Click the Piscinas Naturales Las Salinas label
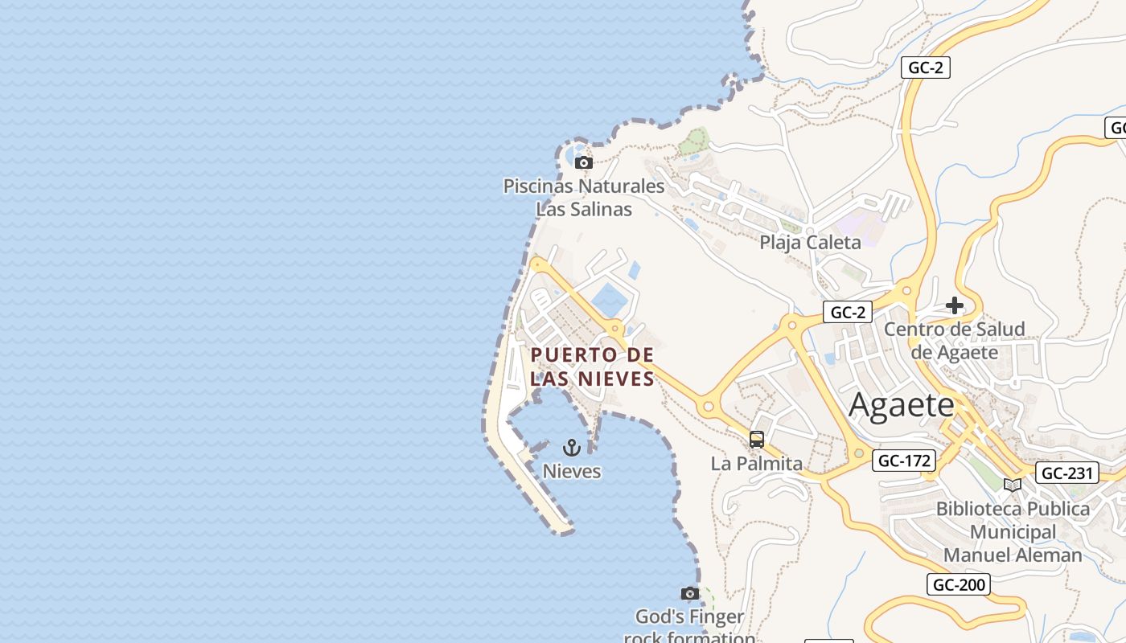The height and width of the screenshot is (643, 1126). pos(584,198)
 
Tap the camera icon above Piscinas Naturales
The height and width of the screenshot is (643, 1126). pos(585,162)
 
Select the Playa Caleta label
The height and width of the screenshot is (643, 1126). pos(810,242)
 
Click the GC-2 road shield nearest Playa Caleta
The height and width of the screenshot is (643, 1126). pos(848,312)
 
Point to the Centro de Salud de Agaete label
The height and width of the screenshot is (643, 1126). pos(955,340)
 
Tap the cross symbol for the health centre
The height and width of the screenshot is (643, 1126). pos(955,305)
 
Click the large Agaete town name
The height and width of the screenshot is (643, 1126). pos(901,405)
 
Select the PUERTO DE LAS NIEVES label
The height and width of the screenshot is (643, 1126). pos(592,367)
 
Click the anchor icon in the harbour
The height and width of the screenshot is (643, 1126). pos(572,447)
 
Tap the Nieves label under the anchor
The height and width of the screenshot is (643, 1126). pos(572,471)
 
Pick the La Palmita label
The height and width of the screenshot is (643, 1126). pos(757,464)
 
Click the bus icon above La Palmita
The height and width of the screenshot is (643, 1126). pos(757,439)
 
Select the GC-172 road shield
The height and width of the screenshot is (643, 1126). pos(904,461)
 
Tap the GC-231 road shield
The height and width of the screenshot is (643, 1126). pos(1066,473)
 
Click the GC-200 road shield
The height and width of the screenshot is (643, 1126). pos(958,584)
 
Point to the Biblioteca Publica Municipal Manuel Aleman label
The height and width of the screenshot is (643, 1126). pos(1013,532)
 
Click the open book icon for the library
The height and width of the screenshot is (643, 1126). pos(1013,485)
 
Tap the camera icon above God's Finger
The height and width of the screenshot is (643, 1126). pos(689,593)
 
